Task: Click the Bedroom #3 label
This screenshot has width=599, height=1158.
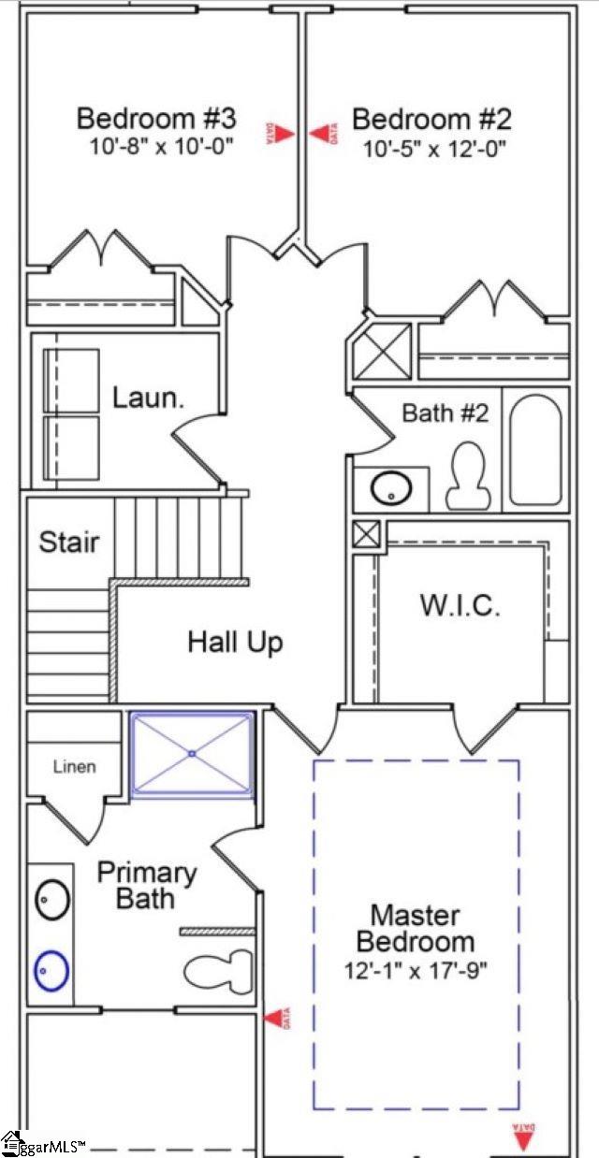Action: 155,119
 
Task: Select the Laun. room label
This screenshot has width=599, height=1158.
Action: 147,397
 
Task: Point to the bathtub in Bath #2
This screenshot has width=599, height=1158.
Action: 535,450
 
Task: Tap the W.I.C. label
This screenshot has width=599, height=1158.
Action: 459,604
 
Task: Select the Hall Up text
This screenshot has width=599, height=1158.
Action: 234,643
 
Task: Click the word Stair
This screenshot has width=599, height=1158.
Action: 68,542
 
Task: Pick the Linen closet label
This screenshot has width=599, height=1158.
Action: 73,767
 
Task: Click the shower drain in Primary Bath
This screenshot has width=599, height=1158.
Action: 192,753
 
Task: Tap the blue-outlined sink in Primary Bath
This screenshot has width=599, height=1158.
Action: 51,972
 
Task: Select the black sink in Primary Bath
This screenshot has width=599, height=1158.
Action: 51,900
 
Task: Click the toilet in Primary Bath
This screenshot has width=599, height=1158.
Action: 219,971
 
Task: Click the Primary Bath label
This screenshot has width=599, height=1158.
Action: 147,885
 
